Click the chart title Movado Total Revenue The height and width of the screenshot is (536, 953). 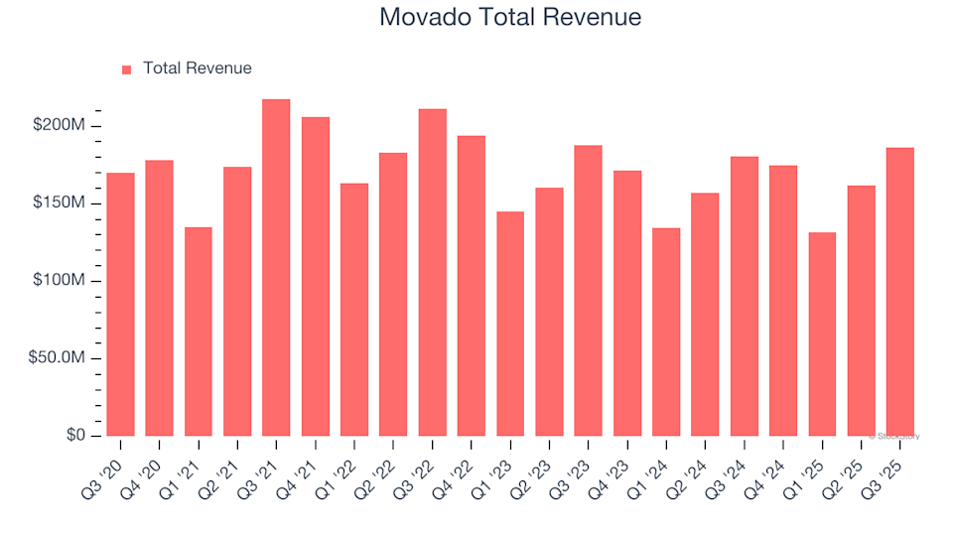[510, 18]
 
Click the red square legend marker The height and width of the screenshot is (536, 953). [126, 69]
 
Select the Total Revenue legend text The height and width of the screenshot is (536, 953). [197, 68]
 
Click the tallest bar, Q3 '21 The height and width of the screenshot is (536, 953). [276, 268]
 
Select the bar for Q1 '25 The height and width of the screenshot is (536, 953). [822, 335]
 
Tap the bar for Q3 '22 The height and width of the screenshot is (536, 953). [432, 273]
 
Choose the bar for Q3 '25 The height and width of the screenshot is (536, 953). [899, 292]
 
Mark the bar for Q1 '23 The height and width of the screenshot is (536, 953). [510, 324]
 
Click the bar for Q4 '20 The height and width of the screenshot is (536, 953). [159, 298]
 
